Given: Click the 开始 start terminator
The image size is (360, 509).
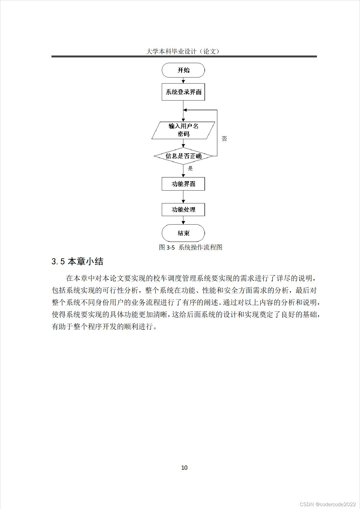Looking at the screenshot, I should (x=183, y=70).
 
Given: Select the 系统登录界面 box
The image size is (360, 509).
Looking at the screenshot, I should (x=183, y=92).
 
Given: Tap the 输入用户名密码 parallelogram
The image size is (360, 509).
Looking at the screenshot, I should (x=183, y=130).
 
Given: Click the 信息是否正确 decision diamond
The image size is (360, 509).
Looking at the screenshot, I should (x=183, y=156).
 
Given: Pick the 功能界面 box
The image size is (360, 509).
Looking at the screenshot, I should (x=183, y=184).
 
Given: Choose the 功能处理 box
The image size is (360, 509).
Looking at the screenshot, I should (x=183, y=210).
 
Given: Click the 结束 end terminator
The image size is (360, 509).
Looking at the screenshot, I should (x=183, y=233).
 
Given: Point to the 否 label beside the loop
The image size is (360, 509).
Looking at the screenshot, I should (x=224, y=139).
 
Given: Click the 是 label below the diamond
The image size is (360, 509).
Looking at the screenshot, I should (x=190, y=168).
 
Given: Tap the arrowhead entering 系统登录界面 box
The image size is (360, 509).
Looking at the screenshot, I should (x=183, y=82).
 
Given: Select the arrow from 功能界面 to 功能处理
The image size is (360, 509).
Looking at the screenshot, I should (x=183, y=197).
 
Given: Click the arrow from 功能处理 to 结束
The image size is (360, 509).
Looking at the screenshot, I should (x=183, y=221).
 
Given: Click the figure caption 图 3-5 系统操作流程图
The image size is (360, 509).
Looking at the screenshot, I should (x=190, y=247).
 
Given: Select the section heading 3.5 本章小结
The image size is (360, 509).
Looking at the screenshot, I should (x=77, y=261).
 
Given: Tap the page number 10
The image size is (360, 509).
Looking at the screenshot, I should (x=184, y=468).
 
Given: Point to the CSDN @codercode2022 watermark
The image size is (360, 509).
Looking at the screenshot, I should (x=328, y=504).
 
